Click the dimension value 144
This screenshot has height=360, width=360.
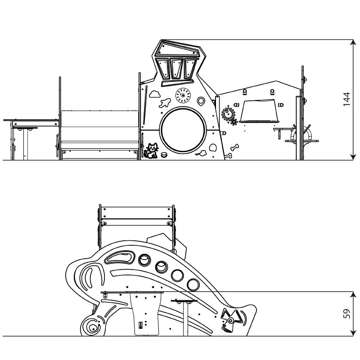[346, 99]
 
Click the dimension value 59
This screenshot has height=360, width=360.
[346, 314]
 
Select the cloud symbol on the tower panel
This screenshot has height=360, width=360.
[154, 94]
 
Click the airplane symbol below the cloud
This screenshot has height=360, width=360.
[165, 103]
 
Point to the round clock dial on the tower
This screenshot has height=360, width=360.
[183, 95]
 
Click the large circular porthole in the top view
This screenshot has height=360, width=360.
[184, 130]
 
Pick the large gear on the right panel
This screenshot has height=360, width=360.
[229, 114]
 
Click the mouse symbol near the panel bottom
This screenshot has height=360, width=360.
[202, 153]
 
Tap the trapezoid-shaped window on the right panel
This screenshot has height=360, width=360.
[260, 111]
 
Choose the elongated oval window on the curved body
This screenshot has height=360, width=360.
[119, 258]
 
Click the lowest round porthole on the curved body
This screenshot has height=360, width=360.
[193, 284]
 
